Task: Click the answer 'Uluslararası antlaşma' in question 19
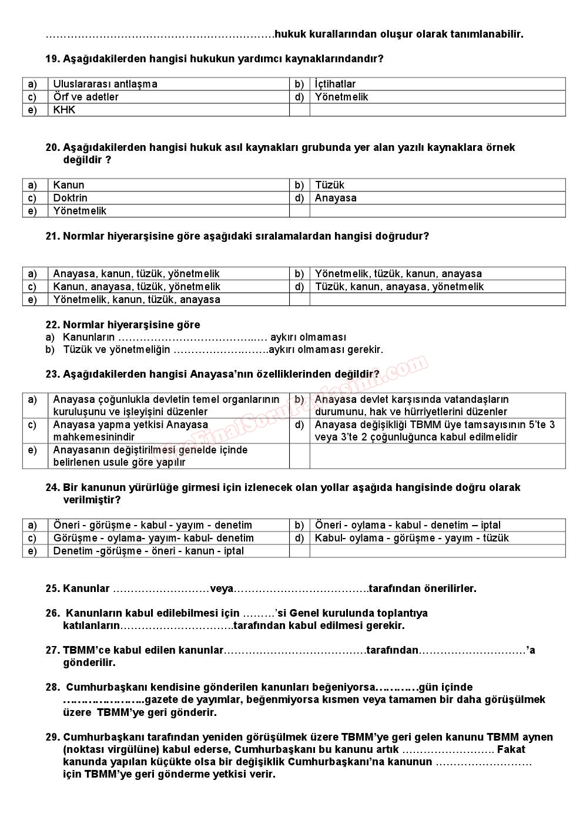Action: click(x=105, y=84)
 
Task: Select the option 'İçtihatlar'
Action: click(x=335, y=84)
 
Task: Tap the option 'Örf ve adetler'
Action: click(x=85, y=97)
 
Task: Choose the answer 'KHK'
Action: click(x=64, y=110)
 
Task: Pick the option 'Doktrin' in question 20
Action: click(x=70, y=198)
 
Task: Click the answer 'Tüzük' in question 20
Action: click(x=330, y=185)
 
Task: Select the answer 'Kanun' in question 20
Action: click(x=68, y=185)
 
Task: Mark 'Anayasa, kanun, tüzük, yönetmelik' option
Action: click(x=136, y=274)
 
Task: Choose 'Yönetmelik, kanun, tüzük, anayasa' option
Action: click(x=136, y=300)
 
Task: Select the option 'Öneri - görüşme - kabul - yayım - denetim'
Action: click(x=152, y=525)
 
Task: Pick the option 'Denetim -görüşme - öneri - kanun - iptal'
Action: click(x=148, y=551)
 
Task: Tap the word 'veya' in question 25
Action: click(x=222, y=588)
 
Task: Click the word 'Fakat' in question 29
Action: click(x=511, y=749)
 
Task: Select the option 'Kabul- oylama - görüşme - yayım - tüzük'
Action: click(x=411, y=538)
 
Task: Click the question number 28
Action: click(x=52, y=687)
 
